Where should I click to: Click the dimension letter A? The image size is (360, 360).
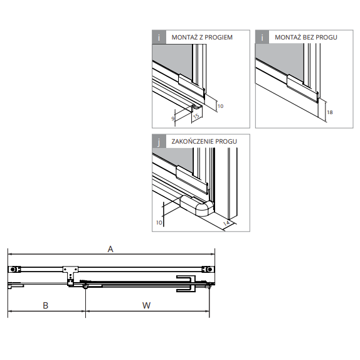(x=110, y=249)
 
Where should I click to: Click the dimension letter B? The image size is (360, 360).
(x=45, y=305)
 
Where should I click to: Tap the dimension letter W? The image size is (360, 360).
(x=147, y=305)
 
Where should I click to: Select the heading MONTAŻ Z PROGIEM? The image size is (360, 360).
(x=202, y=37)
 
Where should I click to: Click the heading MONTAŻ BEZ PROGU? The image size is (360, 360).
(x=306, y=37)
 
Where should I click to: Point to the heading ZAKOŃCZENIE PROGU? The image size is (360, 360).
(x=204, y=141)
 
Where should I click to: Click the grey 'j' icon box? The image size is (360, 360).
(x=159, y=142)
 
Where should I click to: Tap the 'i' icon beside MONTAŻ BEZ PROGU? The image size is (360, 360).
(x=262, y=37)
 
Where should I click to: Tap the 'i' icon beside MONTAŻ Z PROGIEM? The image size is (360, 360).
(x=159, y=37)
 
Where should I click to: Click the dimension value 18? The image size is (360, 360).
(x=330, y=112)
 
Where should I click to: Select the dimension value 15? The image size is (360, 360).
(x=196, y=116)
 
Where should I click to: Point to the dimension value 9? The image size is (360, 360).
(x=173, y=119)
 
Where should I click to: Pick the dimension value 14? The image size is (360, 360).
(x=226, y=223)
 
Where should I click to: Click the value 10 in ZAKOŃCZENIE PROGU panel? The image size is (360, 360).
(x=159, y=223)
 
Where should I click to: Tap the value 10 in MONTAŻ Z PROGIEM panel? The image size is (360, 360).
(x=220, y=106)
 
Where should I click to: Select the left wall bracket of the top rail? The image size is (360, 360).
(x=14, y=269)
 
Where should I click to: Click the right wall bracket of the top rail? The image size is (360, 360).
(x=208, y=269)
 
